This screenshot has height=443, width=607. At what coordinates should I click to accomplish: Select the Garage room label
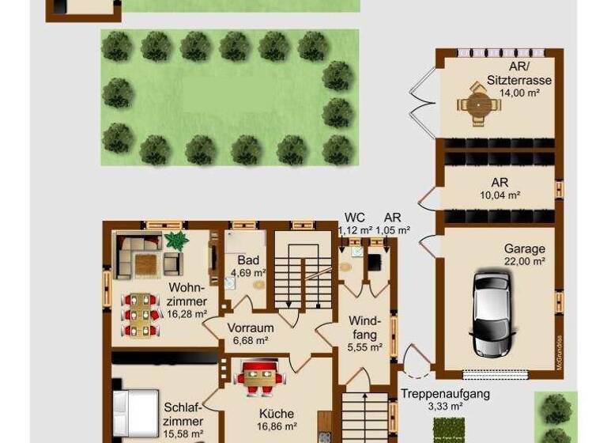tap(525, 248)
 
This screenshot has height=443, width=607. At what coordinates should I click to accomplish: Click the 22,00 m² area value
tap(525, 261)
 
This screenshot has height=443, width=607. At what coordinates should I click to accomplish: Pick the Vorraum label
tap(250, 328)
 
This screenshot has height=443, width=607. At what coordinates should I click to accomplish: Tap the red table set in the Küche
tap(260, 377)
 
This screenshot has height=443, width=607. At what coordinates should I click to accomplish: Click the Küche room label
tap(276, 413)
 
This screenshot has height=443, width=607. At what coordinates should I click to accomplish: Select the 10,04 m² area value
tap(500, 195)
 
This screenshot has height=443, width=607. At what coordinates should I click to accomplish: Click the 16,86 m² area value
tap(276, 426)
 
